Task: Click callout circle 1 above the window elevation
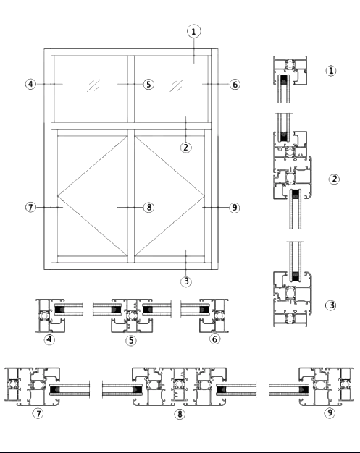[193, 32]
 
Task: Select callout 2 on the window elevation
[186, 148]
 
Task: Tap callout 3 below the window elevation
[186, 281]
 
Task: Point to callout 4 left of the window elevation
[31, 84]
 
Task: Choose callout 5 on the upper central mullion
[148, 85]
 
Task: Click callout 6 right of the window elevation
[235, 85]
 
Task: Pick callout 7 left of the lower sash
[30, 207]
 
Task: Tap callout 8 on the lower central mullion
[148, 207]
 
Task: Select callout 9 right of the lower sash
[234, 208]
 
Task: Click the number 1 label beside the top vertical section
[331, 71]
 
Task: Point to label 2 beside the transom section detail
[334, 179]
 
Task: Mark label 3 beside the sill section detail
[331, 305]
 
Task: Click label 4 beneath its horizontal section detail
[49, 339]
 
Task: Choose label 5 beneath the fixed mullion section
[131, 340]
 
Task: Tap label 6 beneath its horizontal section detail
[214, 339]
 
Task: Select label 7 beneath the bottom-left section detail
[38, 413]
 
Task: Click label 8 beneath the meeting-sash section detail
[180, 414]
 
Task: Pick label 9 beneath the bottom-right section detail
[330, 412]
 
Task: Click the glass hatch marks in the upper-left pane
[93, 85]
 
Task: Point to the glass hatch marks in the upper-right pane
[177, 85]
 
